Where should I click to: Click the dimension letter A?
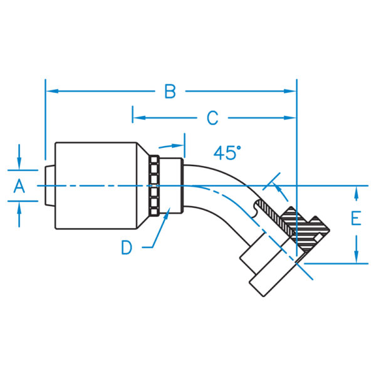(19, 185)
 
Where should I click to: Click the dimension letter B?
(170, 91)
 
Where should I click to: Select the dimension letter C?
(212, 117)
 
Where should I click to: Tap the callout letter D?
(127, 248)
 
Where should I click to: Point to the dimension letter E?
(356, 219)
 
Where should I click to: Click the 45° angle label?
(227, 152)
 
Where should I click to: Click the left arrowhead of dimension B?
(50, 91)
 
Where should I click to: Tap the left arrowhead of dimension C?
(138, 117)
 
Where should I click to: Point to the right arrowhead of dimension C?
(291, 117)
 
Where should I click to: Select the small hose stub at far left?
(50, 185)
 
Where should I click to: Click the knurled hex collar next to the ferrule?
(153, 185)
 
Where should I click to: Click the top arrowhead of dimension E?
(356, 191)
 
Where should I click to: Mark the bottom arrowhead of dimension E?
(356, 259)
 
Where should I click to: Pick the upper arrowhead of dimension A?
(20, 165)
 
